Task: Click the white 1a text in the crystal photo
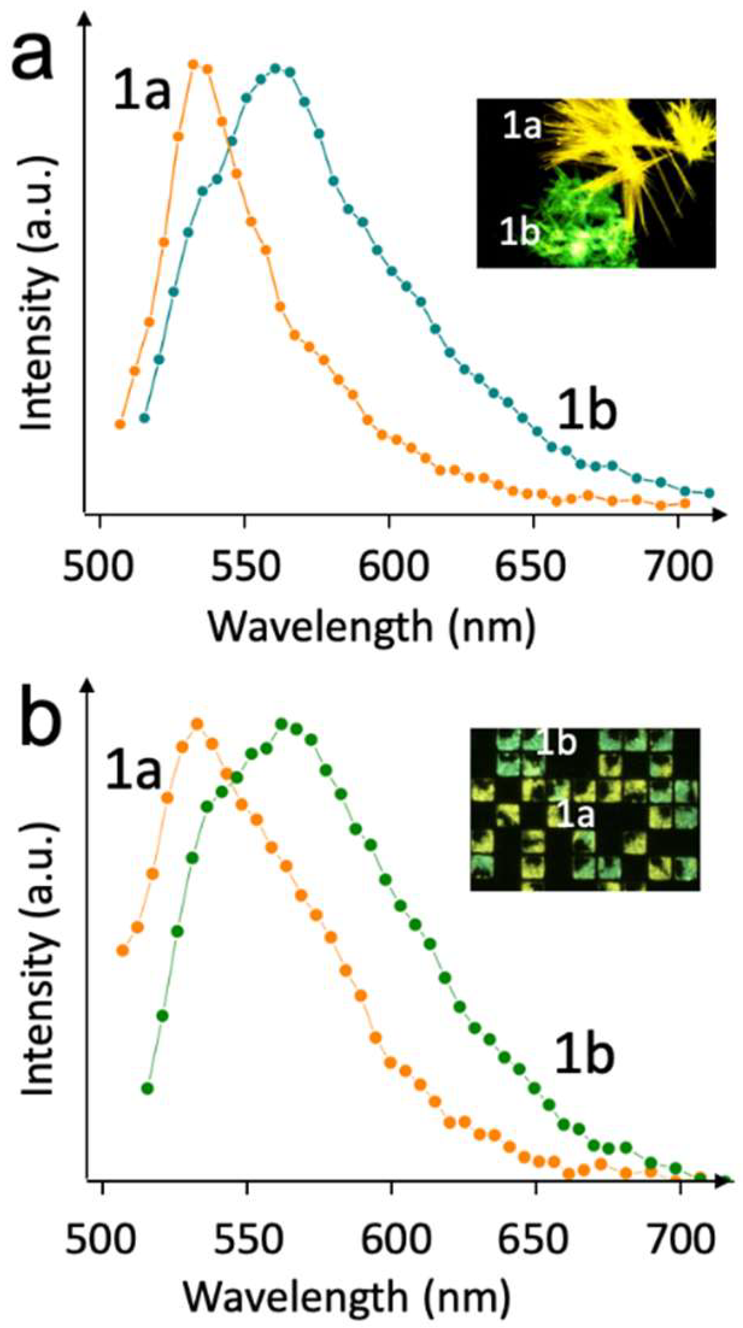[x=522, y=127]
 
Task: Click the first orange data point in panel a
[x=119, y=424]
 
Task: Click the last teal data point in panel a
[x=709, y=493]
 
